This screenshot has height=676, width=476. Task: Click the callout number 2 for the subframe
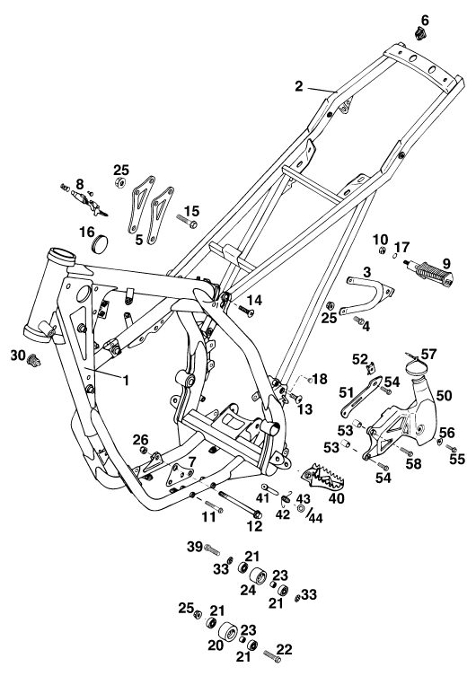coord(299,86)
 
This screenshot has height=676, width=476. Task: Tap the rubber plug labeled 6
coord(421,33)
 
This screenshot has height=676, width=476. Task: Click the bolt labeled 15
coord(186,221)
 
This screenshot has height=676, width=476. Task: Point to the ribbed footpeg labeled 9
coord(429,273)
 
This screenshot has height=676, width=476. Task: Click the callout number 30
coord(18,356)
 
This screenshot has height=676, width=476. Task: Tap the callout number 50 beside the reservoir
coord(444,395)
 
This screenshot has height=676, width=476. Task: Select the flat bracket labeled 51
coord(362,397)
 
